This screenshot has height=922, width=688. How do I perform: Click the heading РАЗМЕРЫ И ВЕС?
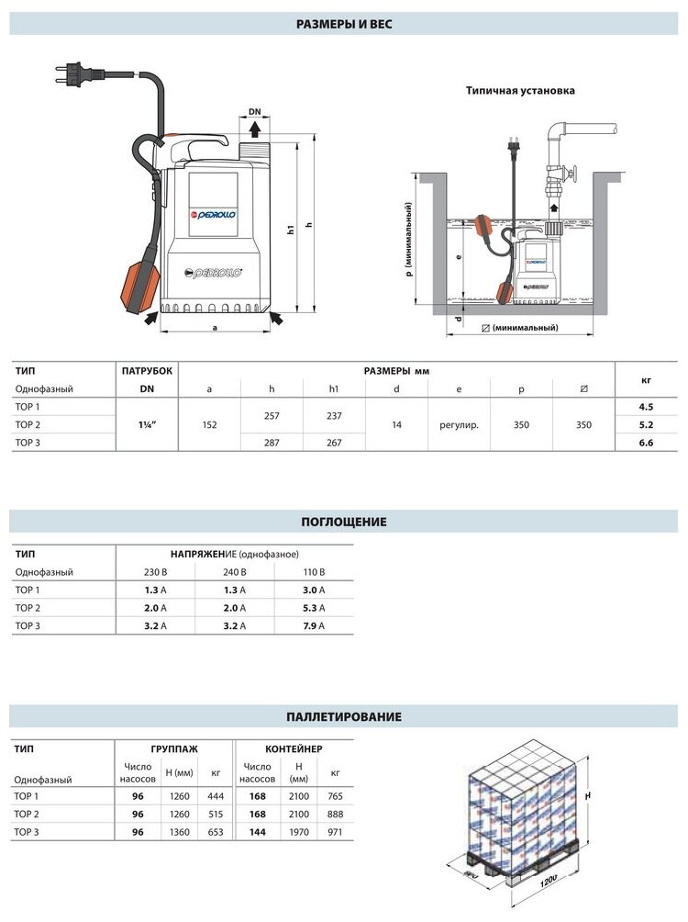tap(344, 25)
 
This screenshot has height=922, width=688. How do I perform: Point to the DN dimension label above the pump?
tap(255, 112)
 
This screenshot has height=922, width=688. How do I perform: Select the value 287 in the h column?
tap(272, 444)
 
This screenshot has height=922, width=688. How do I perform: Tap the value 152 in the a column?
tap(209, 425)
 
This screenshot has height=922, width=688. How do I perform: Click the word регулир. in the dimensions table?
tap(459, 425)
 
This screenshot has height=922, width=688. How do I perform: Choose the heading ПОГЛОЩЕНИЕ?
tap(344, 522)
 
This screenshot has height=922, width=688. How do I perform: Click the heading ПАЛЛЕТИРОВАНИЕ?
tap(344, 716)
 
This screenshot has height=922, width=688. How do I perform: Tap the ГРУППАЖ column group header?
tap(173, 748)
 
